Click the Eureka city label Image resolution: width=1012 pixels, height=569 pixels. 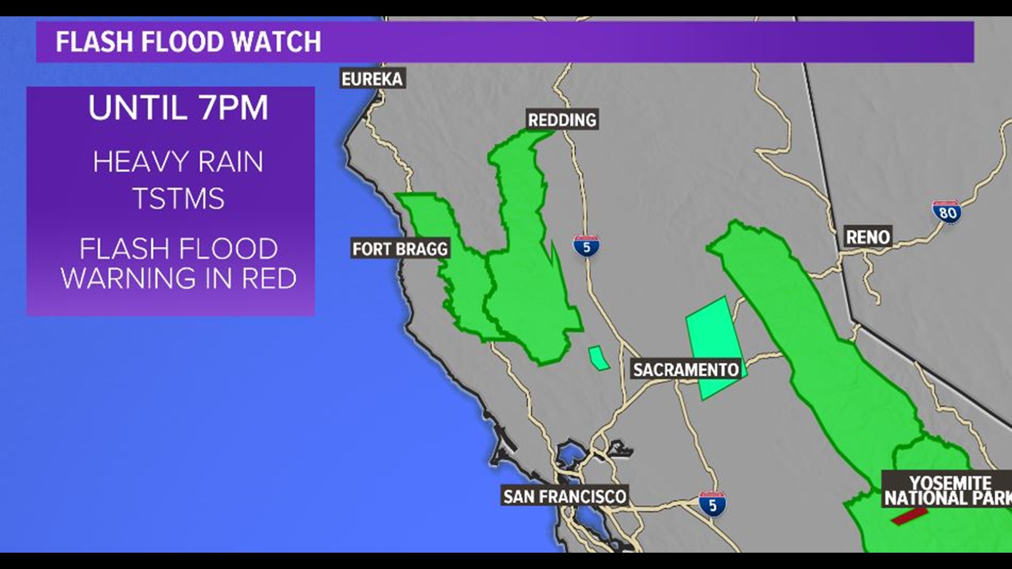(372, 79)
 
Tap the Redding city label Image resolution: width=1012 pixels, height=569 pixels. (562, 120)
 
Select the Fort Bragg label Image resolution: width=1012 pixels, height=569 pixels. (400, 249)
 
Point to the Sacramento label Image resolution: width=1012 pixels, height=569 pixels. (686, 369)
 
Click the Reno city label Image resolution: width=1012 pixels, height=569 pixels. (868, 237)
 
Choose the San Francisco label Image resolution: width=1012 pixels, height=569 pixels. (565, 496)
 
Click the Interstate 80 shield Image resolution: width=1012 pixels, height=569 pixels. (947, 212)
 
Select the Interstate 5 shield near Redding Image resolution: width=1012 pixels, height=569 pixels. (586, 246)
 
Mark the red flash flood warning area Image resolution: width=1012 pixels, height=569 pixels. (909, 516)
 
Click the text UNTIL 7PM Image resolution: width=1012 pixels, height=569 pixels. (178, 108)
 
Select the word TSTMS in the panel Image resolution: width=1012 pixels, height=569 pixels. (178, 199)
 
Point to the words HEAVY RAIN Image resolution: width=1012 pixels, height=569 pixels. (178, 162)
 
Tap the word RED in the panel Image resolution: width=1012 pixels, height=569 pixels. (269, 278)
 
